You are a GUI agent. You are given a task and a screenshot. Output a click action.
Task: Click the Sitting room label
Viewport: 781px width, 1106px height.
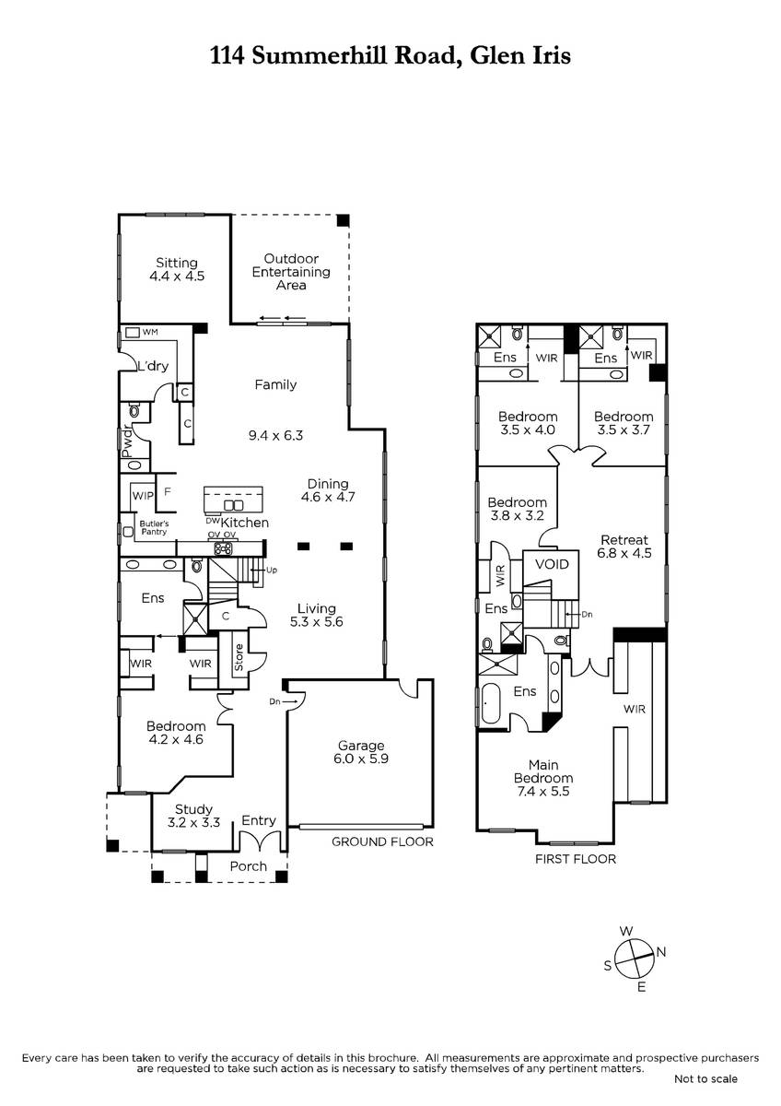point(177,269)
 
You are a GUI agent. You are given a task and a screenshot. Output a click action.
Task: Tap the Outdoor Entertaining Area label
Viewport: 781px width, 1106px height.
point(291,272)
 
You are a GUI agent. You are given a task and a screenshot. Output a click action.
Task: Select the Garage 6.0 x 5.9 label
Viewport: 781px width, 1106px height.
point(361,752)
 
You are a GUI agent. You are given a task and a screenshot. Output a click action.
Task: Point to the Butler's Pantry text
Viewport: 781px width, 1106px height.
point(154,527)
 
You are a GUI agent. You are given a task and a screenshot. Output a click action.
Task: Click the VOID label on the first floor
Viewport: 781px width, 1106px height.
point(552,564)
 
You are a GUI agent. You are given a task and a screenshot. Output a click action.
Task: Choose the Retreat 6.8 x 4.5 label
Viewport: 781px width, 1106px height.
point(624,546)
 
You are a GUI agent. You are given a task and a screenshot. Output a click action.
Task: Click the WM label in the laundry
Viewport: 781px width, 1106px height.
point(150,332)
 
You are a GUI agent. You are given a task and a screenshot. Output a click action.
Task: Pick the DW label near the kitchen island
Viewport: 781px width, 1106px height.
point(212,521)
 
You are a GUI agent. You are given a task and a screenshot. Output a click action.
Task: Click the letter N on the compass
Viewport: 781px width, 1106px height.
point(661,951)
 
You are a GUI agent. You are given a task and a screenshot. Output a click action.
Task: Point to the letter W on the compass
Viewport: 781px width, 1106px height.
point(626,931)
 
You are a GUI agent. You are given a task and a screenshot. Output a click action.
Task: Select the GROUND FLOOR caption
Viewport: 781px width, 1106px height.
point(382,841)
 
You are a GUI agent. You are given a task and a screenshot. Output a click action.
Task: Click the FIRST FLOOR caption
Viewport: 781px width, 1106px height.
point(576,859)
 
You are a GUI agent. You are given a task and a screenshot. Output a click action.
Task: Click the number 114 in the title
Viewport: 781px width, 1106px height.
point(227,55)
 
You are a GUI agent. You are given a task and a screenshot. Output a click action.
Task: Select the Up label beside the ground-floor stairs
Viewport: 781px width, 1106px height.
point(272,570)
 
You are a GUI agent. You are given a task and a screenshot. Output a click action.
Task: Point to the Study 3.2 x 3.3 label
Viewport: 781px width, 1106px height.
point(193,816)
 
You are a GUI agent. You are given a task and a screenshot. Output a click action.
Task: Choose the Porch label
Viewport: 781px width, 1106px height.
point(248,866)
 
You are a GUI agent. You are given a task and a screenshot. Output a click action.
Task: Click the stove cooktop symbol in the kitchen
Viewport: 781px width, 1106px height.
point(223,547)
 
